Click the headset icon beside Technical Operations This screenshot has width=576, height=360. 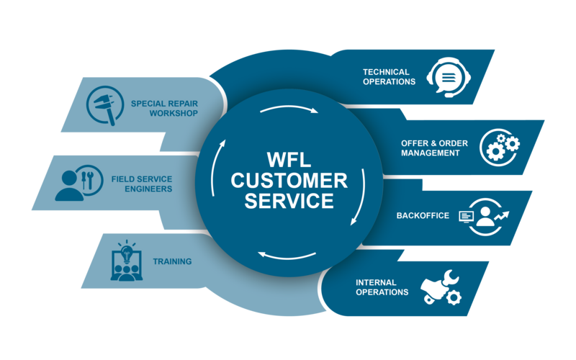point(448,76)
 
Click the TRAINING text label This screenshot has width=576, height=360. point(172,261)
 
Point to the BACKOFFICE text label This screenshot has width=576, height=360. point(423,215)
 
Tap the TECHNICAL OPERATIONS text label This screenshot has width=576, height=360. point(389,77)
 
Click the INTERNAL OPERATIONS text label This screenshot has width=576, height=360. point(382,287)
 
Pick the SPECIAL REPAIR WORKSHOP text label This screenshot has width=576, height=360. point(164,108)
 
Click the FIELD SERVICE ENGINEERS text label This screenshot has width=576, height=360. point(141,184)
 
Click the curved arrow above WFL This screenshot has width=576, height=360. point(288,110)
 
